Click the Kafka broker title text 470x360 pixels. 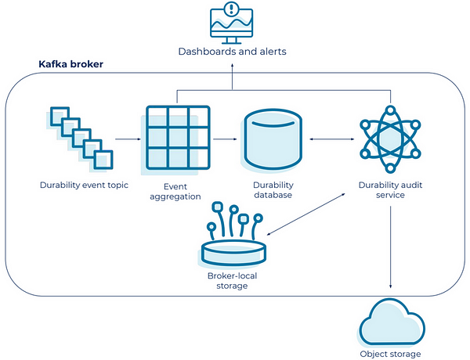click(73, 63)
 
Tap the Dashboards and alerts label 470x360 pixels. click(232, 52)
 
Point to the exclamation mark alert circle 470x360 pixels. click(233, 9)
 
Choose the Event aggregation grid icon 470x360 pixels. click(177, 139)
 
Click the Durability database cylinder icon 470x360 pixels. click(272, 139)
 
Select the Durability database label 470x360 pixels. click(273, 191)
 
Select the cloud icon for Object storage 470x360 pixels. click(389, 322)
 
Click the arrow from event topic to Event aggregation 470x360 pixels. click(126, 140)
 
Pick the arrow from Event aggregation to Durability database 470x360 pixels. click(224, 140)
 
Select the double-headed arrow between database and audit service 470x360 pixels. click(327, 140)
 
